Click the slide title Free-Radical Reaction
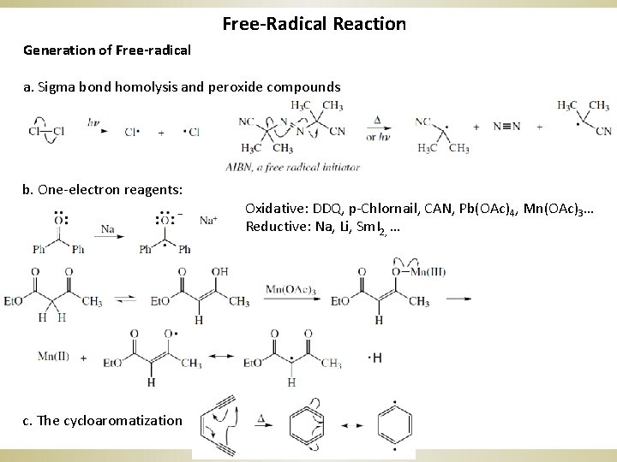pos(314,23)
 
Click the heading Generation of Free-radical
pos(107,50)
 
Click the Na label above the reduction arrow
pos(107,228)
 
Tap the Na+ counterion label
pos(208,220)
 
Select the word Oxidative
pos(270,208)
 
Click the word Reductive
pos(272,227)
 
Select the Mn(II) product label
pos(53,355)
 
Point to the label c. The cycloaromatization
pos(103,420)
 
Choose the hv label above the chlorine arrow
pos(93,123)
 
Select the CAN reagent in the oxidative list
pos(415,208)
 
